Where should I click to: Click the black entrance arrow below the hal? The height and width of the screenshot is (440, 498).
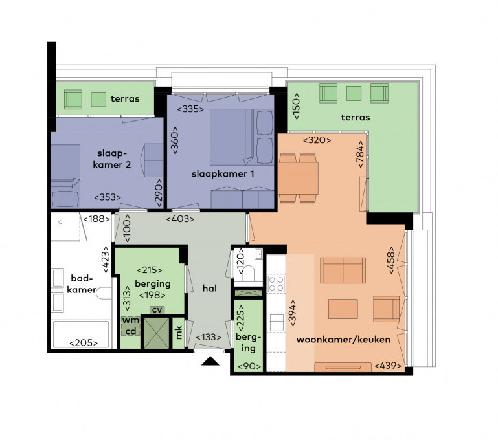210,361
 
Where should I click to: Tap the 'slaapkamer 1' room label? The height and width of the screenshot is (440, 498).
223,174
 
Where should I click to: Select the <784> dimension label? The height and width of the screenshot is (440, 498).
360,154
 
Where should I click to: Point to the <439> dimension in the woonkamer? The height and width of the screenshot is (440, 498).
388,366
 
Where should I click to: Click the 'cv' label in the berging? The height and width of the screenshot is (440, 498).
157,310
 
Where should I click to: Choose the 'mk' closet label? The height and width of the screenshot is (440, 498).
179,333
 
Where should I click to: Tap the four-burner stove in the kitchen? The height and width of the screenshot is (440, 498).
276,283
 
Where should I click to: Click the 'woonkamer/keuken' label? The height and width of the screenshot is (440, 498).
343,340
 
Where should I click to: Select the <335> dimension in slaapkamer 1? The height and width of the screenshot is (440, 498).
190,109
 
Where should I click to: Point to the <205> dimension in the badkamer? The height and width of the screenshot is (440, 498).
84,342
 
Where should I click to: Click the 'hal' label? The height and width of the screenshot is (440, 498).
210,288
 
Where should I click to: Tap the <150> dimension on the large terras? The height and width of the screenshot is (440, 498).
296,106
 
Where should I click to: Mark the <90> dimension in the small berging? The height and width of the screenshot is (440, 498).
249,366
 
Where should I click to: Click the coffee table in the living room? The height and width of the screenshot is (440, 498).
343,309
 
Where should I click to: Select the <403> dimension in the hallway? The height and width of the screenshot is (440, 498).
180,219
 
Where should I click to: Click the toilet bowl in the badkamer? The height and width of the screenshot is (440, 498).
104,293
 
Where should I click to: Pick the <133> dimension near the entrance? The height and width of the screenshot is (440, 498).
208,337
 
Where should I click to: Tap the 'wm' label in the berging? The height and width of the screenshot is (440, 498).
131,320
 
